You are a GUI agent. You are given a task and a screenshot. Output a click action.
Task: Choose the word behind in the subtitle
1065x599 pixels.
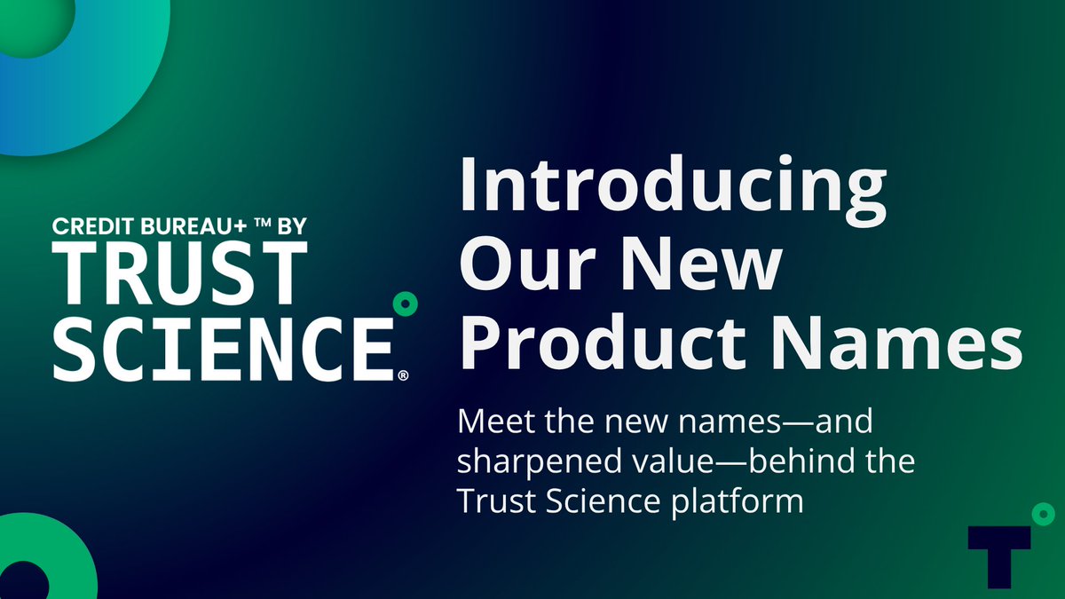[x=799, y=461]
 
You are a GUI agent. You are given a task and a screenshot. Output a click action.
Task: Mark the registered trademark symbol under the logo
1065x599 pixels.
[x=403, y=376]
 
